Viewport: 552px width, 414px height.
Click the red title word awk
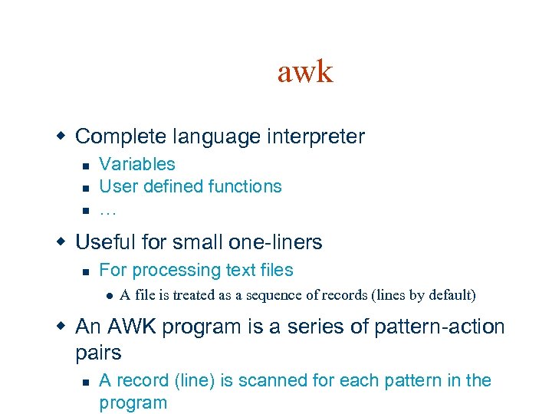(305, 72)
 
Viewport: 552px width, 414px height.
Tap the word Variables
(137, 164)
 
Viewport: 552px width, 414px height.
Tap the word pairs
(99, 353)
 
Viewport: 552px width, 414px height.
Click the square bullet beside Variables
(87, 165)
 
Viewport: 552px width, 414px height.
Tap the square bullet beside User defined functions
(87, 187)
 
